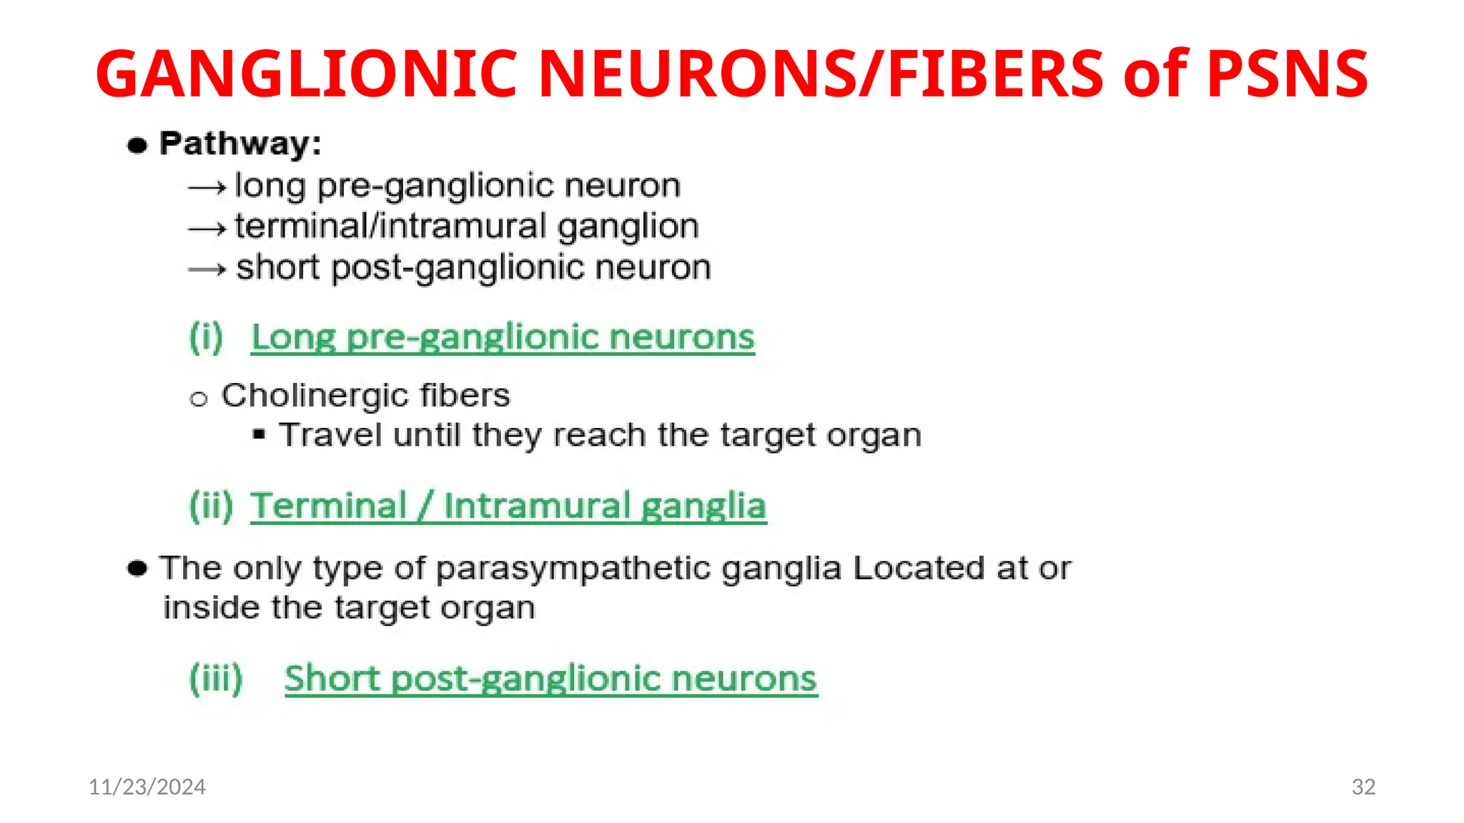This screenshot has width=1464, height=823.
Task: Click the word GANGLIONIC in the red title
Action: [x=306, y=73]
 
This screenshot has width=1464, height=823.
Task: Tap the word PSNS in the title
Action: [x=1287, y=73]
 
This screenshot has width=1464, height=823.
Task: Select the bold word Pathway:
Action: [x=240, y=144]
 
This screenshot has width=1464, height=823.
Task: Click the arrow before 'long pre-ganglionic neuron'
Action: [x=207, y=188]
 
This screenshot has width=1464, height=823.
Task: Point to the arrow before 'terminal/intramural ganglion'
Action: [x=207, y=229]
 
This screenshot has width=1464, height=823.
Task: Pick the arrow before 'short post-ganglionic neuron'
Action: [x=207, y=269]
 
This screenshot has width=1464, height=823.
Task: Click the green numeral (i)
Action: [x=206, y=337]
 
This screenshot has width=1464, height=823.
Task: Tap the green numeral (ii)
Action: [x=211, y=507]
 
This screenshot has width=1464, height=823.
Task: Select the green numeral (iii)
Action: [x=216, y=678]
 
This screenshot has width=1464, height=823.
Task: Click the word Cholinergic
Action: [x=315, y=395]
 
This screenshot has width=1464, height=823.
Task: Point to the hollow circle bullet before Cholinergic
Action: [x=198, y=399]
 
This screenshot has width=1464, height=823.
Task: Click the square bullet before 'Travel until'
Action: [x=259, y=434]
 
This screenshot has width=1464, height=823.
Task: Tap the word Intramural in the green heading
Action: [x=536, y=507]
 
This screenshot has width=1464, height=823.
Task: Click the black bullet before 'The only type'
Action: [x=137, y=569]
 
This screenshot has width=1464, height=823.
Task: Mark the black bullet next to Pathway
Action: [x=137, y=146]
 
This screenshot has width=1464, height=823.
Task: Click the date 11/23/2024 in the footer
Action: [x=147, y=787]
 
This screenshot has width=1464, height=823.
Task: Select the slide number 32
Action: [x=1363, y=787]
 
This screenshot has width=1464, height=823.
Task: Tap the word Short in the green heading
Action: [x=331, y=678]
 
